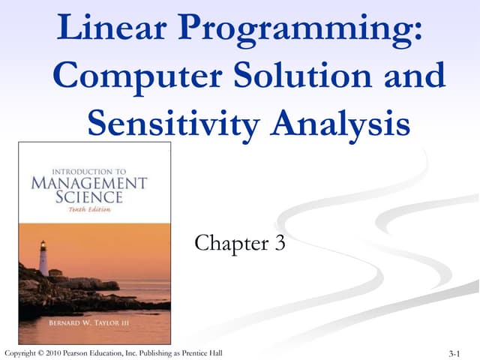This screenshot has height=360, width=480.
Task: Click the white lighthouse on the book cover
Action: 44,258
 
